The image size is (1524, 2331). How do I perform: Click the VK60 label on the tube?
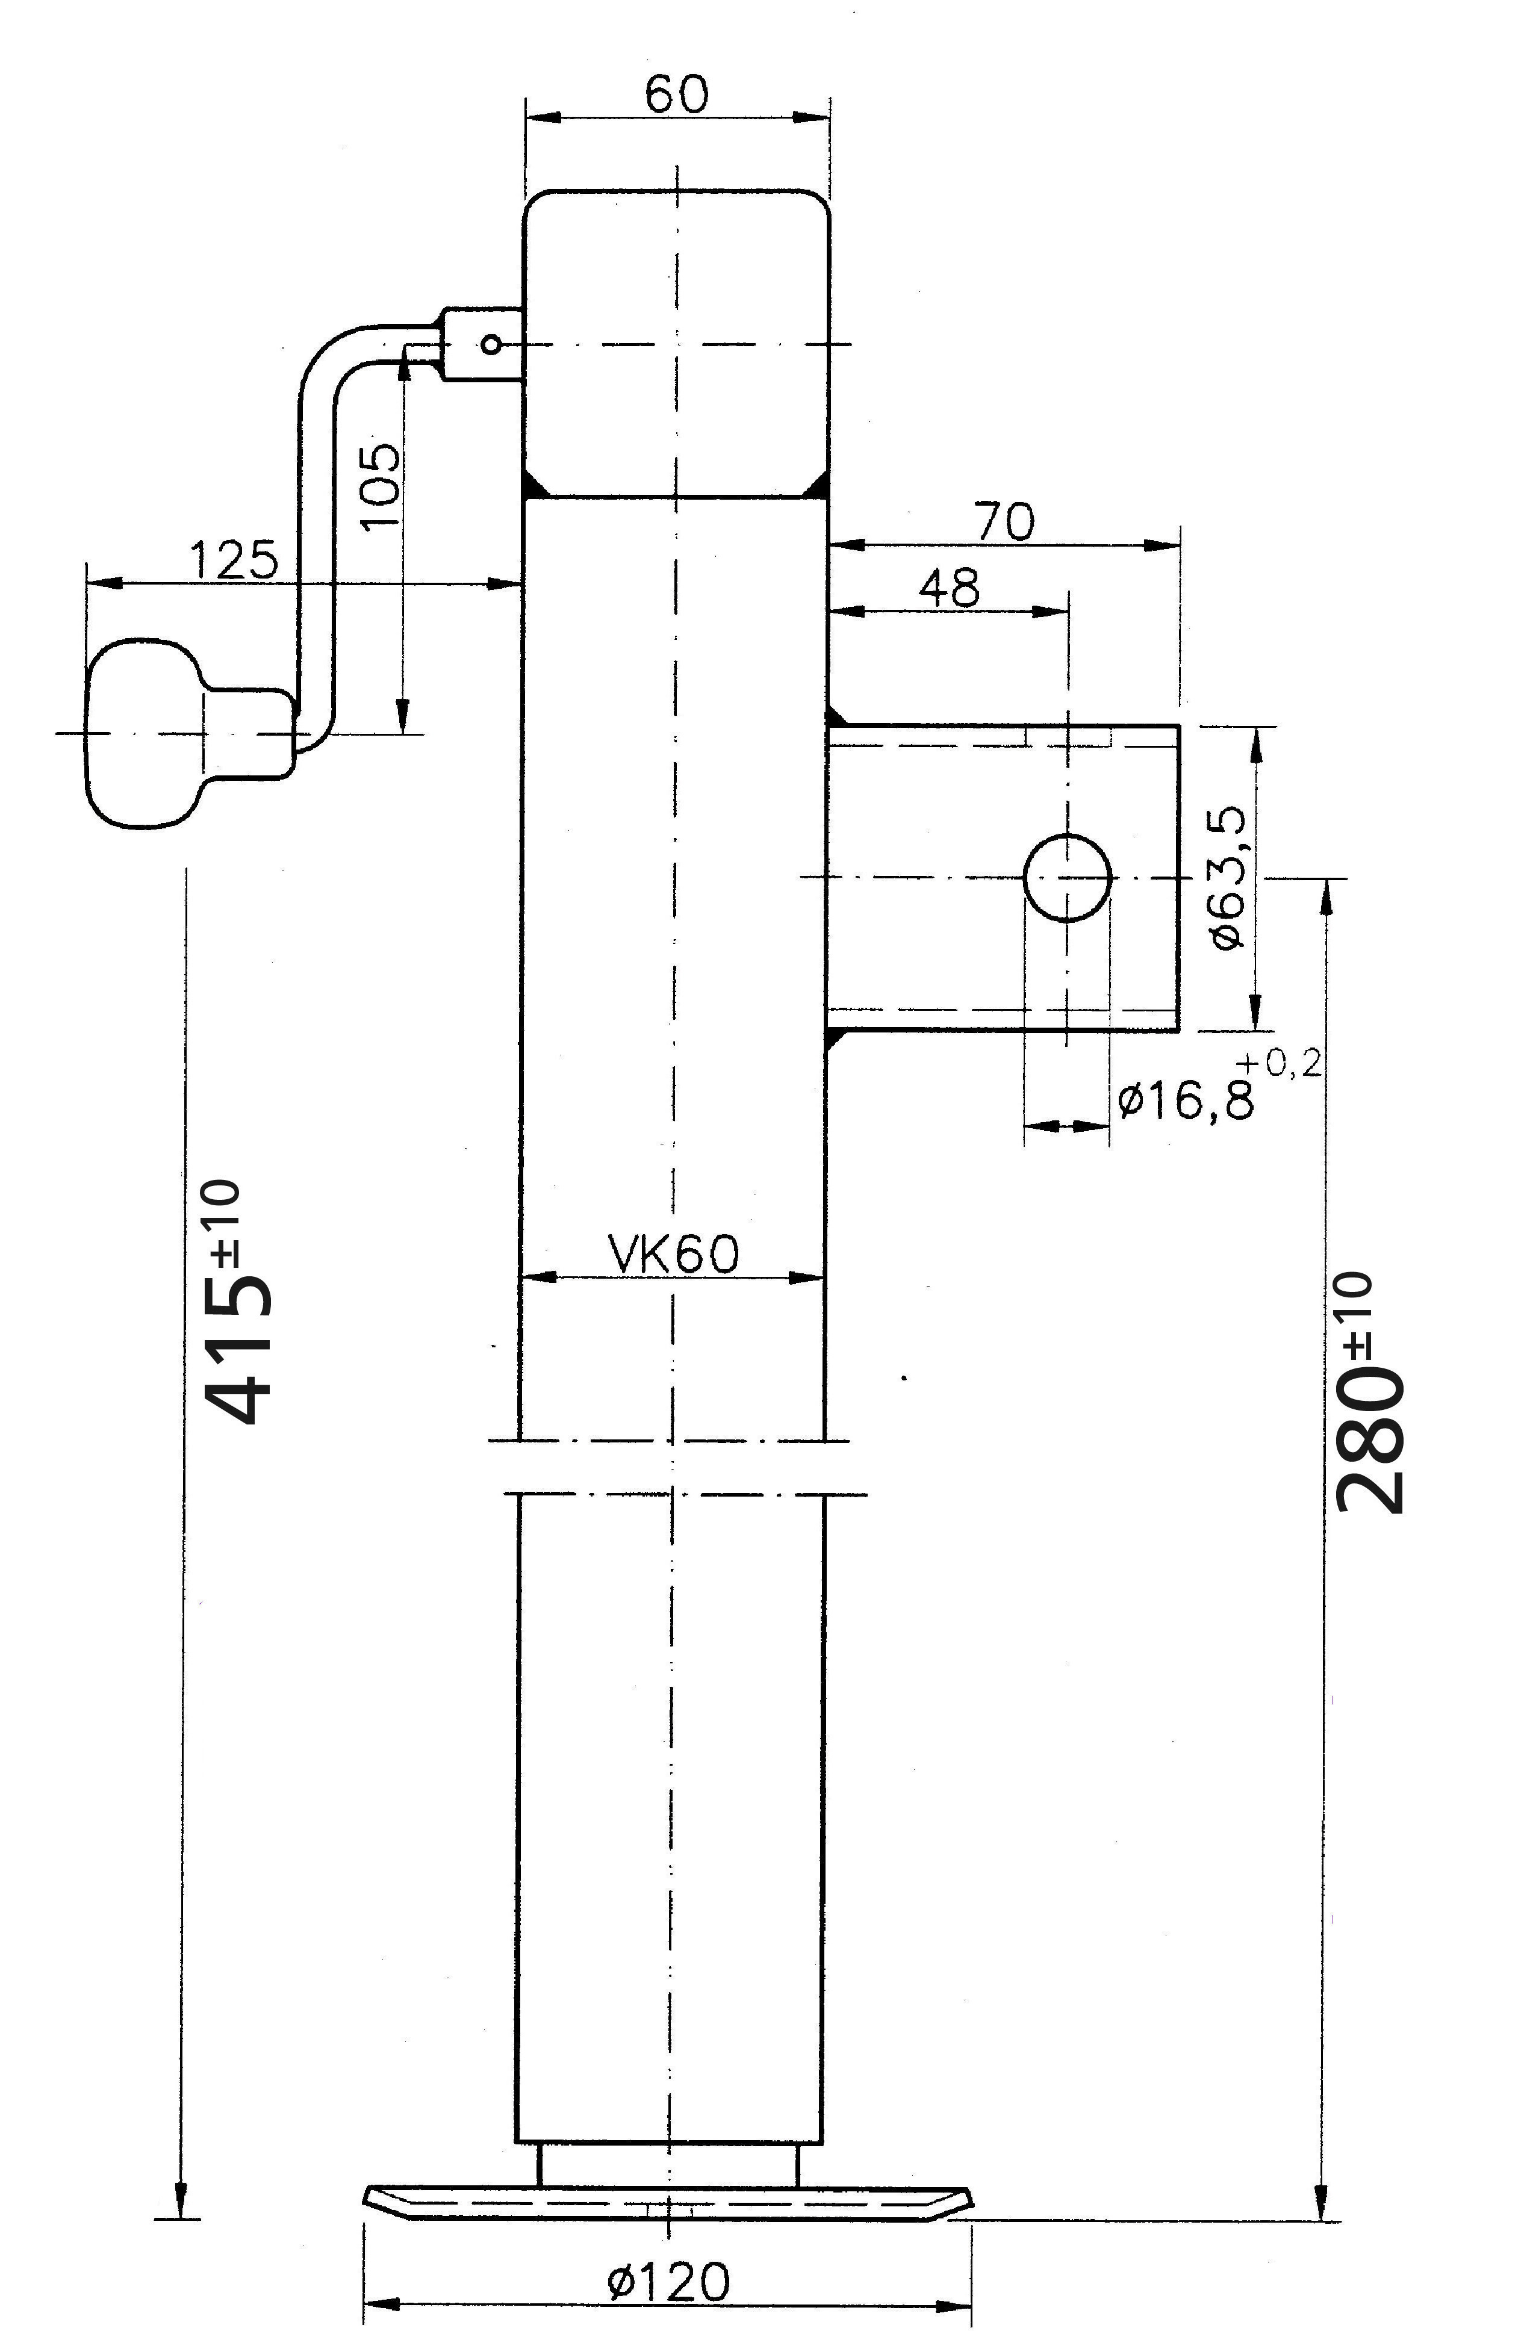coord(674,1253)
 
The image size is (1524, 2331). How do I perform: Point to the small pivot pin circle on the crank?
coord(492,345)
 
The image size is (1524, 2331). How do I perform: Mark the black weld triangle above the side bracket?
coord(835,715)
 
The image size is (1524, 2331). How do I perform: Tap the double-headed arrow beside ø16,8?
coord(1066,1126)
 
